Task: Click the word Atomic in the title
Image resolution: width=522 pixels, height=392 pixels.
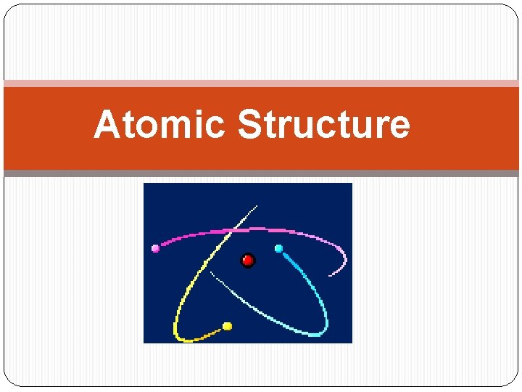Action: click(159, 124)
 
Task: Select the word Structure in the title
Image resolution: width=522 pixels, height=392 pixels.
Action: click(323, 124)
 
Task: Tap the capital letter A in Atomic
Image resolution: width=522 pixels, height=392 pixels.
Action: click(107, 124)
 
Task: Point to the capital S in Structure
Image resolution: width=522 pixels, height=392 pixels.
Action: click(249, 124)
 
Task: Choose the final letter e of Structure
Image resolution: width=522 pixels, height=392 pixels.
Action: click(399, 126)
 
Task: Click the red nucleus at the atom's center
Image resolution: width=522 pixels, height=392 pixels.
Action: click(248, 260)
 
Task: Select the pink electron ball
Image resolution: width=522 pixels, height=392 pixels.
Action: click(155, 248)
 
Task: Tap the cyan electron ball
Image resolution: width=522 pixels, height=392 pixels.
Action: click(278, 248)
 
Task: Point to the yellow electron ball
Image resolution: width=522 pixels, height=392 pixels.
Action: click(227, 326)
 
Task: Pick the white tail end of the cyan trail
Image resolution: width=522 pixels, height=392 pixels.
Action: click(212, 274)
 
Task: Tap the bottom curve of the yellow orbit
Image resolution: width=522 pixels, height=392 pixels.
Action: click(184, 338)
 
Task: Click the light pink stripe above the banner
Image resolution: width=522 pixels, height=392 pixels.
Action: click(261, 83)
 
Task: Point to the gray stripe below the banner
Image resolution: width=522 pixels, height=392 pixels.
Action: click(261, 173)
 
